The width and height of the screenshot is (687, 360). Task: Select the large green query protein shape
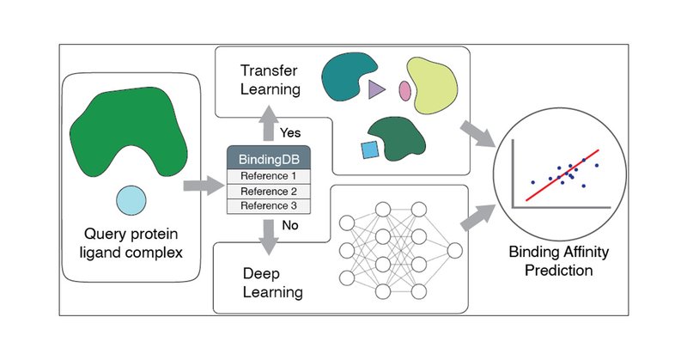[x=130, y=134]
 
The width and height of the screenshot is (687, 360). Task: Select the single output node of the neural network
[x=454, y=251]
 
